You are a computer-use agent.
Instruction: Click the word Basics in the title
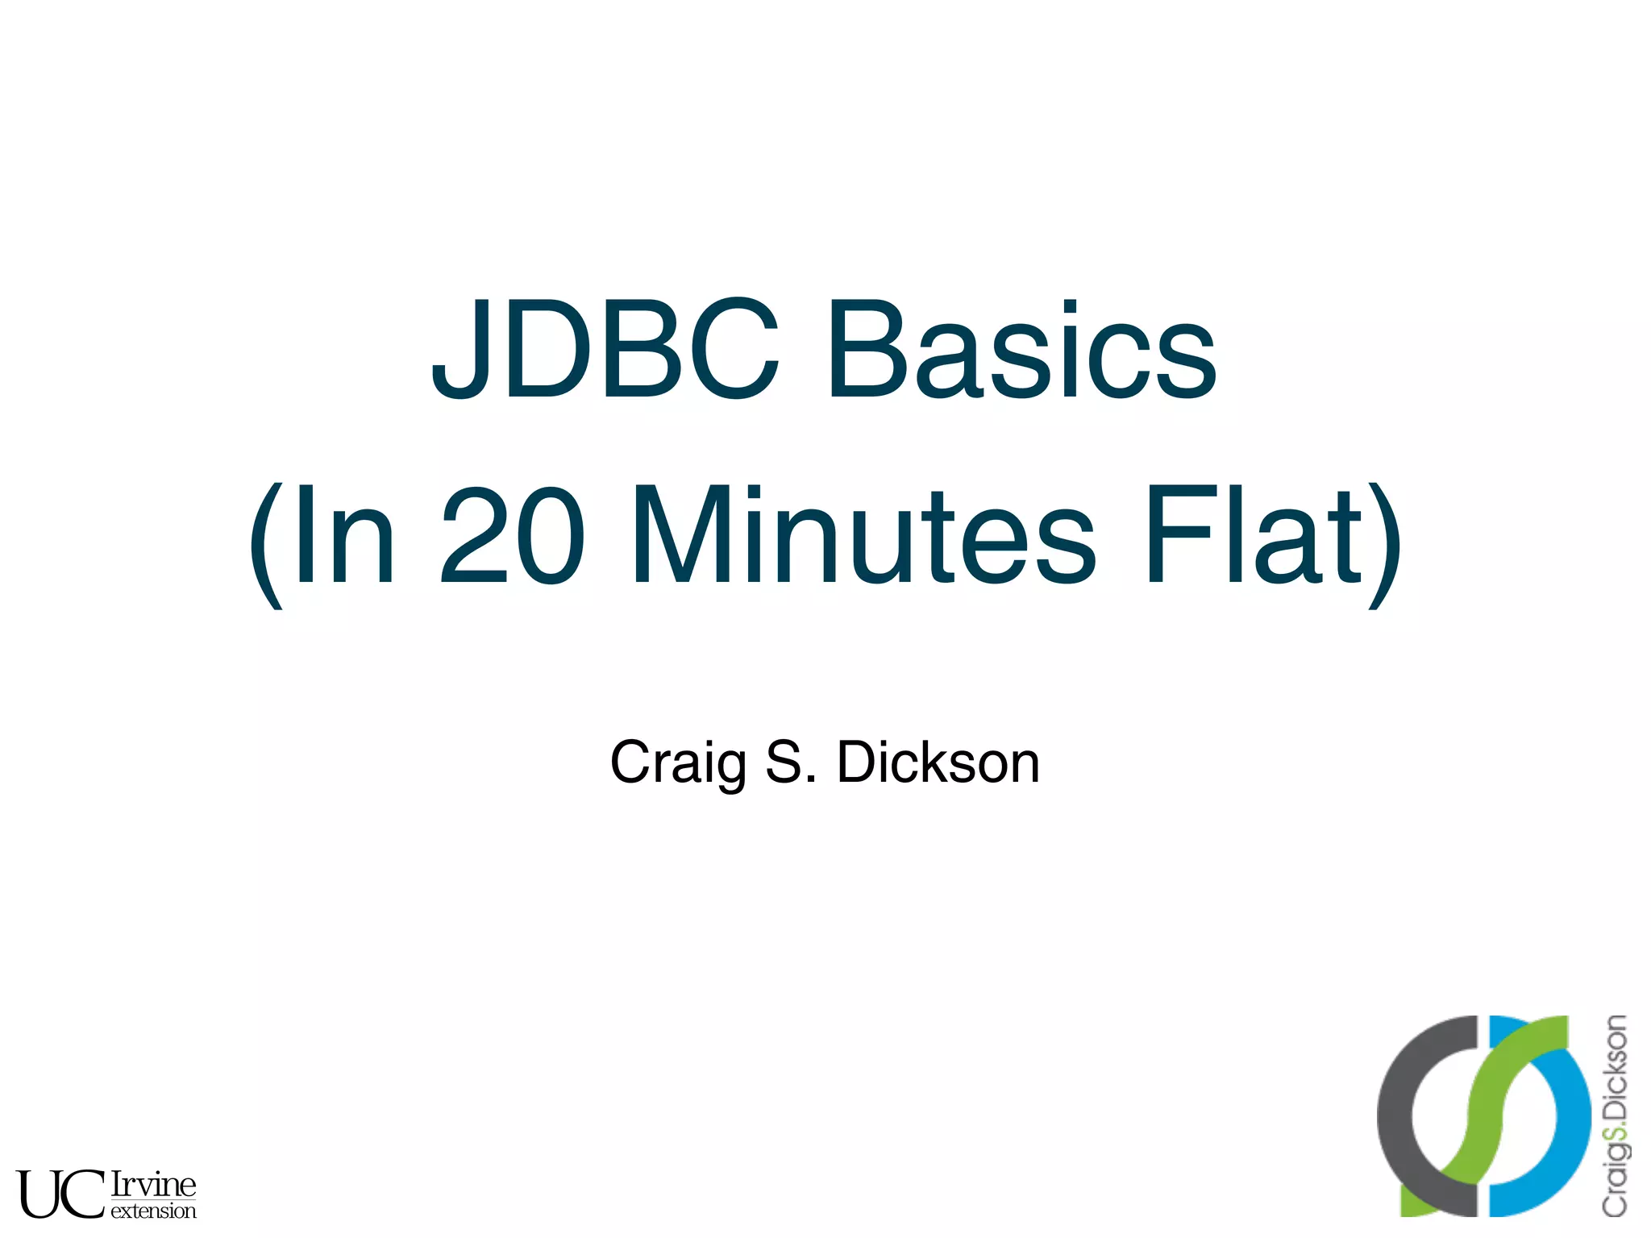(1021, 350)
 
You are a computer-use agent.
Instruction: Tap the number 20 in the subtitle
(511, 535)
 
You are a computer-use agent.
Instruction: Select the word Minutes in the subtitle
(863, 535)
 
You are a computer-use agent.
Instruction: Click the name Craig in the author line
(677, 762)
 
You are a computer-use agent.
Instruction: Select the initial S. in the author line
(791, 762)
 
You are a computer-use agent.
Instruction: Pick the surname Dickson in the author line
(938, 762)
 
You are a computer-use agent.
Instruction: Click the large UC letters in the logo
(60, 1194)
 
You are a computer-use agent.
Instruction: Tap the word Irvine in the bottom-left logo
(153, 1184)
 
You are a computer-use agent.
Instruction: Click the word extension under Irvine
(153, 1211)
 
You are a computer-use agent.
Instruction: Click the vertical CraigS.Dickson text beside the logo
(1614, 1116)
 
